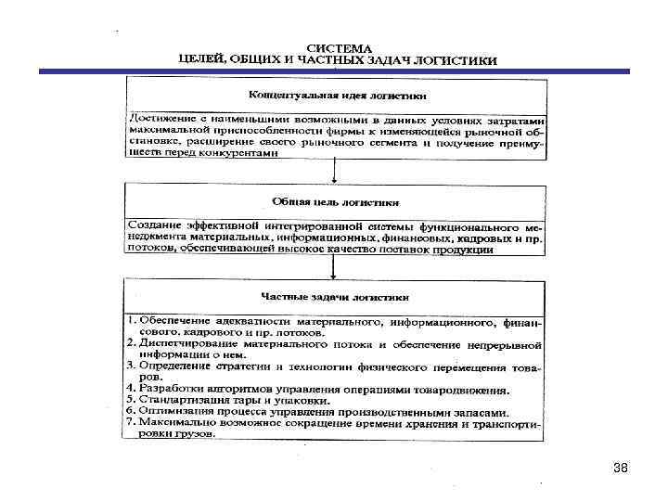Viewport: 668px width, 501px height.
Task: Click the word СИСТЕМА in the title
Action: tap(340, 46)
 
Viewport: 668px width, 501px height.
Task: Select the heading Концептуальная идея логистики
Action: tap(337, 96)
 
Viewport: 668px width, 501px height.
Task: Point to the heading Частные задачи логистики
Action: tap(336, 299)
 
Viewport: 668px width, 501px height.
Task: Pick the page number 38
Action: tap(621, 468)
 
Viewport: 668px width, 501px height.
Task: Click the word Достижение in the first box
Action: tap(160, 120)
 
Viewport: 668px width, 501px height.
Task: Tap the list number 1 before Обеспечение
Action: tap(132, 321)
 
